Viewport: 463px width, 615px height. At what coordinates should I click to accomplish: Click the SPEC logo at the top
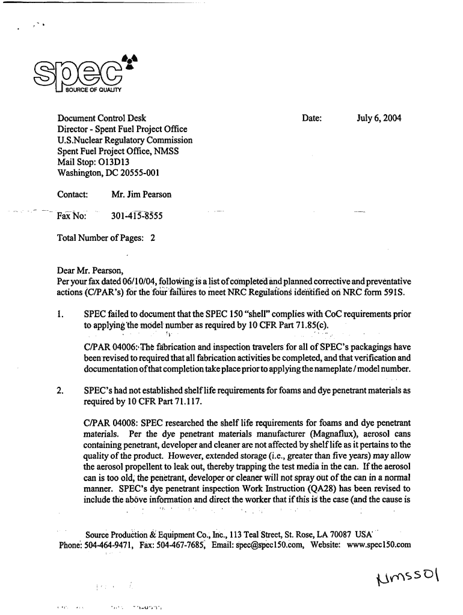pos(78,77)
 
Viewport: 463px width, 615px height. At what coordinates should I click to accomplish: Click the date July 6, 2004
pos(379,118)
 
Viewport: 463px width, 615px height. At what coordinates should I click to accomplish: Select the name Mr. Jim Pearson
pos(141,195)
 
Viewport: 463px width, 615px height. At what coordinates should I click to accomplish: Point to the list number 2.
pos(60,391)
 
